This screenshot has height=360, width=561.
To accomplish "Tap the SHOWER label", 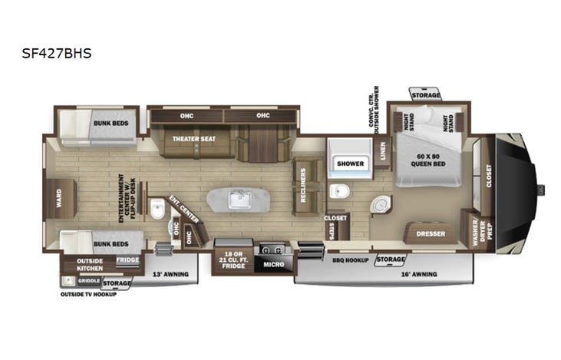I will pyautogui.click(x=351, y=163).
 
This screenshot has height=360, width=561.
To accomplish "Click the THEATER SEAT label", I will pyautogui.click(x=188, y=139).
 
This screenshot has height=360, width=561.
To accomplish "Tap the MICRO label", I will pyautogui.click(x=273, y=265).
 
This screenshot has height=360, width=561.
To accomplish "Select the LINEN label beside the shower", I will pyautogui.click(x=383, y=154).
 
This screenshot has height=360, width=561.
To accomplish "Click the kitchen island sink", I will pyautogui.click(x=241, y=200).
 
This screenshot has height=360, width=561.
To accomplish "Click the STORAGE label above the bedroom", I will pyautogui.click(x=426, y=95).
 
